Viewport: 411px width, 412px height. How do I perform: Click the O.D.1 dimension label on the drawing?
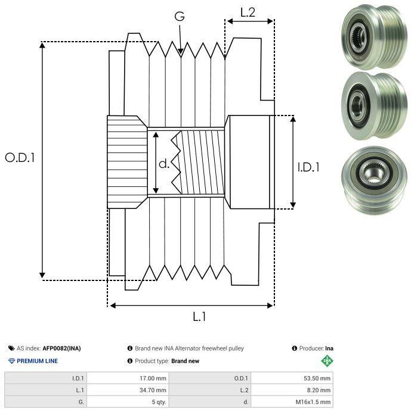click(20, 158)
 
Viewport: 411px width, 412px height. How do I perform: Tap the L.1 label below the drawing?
click(199, 317)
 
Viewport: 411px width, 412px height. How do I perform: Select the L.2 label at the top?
click(248, 13)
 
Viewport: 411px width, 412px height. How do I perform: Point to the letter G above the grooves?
click(180, 16)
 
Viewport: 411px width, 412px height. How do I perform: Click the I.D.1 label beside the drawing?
click(308, 167)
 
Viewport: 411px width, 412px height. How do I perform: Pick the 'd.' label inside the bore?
click(164, 164)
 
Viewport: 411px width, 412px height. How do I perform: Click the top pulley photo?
click(374, 36)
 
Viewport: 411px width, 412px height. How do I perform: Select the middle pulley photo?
click(374, 106)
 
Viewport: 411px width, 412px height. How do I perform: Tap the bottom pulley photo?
click(374, 180)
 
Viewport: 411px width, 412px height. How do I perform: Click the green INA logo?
click(327, 361)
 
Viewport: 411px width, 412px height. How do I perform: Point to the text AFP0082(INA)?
click(61, 348)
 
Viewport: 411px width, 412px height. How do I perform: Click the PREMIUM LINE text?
click(37, 361)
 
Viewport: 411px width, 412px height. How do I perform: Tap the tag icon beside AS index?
click(11, 348)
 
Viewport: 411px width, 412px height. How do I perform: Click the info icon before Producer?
click(294, 348)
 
